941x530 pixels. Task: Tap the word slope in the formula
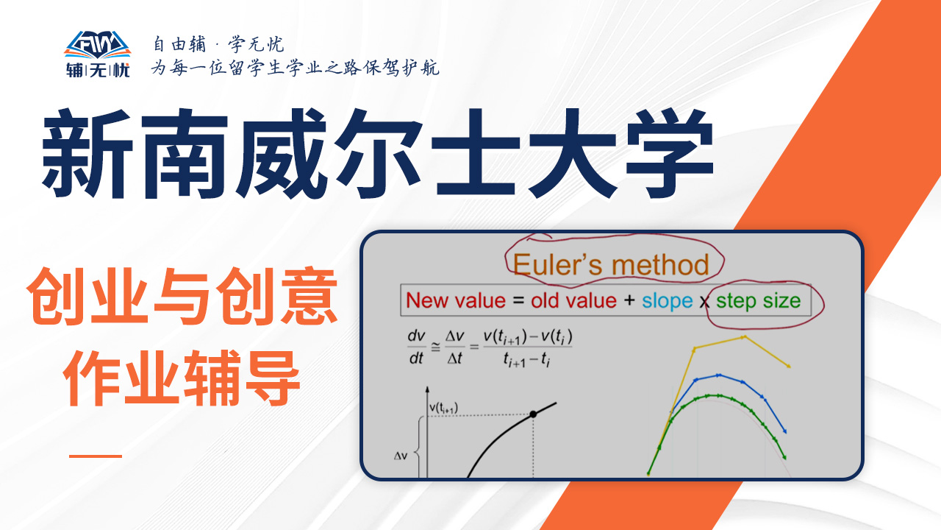[667, 301]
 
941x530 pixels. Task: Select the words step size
[758, 301]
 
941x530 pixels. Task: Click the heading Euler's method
[611, 265]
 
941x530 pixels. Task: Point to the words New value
[456, 301]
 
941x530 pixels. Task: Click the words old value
[573, 301]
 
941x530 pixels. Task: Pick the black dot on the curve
[533, 414]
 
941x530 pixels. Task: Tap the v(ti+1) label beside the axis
[443, 408]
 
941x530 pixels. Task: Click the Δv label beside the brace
[401, 456]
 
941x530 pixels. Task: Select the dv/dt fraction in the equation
[416, 347]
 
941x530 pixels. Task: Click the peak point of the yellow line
[744, 337]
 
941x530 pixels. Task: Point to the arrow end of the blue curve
[784, 431]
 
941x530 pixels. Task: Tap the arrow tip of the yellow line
[789, 367]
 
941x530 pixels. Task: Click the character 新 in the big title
[87, 153]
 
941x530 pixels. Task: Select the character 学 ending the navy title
[670, 153]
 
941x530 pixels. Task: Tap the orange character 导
[271, 378]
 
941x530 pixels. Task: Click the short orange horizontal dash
[96, 456]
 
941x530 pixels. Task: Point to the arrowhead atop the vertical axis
[427, 389]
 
